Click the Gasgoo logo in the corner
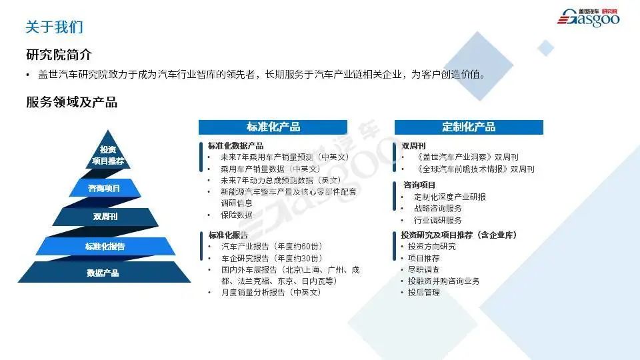(x=588, y=18)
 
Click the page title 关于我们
(x=54, y=27)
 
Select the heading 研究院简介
(x=59, y=55)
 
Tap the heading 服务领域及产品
(x=72, y=102)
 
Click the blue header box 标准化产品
(x=273, y=127)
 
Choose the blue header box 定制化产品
(x=469, y=127)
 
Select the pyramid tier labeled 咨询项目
(x=105, y=188)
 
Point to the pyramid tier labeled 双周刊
(x=105, y=217)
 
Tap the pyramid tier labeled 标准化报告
(x=105, y=246)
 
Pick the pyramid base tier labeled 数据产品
(x=104, y=272)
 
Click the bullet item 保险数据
(x=237, y=215)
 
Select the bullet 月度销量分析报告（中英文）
(x=271, y=292)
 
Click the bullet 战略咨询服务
(x=437, y=209)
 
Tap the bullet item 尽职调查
(x=424, y=269)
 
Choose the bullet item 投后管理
(x=424, y=292)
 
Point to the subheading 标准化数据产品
(x=235, y=146)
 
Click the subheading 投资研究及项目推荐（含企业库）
(x=459, y=235)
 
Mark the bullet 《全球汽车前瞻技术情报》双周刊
(x=475, y=169)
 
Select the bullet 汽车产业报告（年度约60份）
(x=272, y=247)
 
